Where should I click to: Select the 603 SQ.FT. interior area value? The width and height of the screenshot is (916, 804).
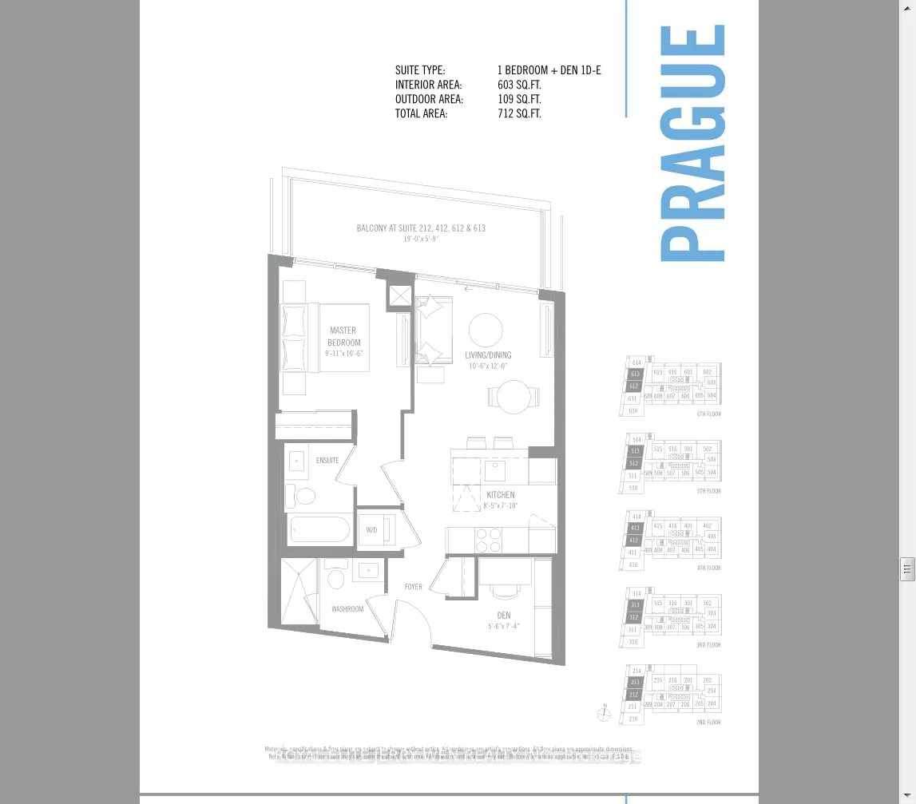519,85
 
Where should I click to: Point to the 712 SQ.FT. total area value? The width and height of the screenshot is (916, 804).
519,113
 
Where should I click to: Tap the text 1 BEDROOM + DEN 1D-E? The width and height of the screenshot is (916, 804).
549,70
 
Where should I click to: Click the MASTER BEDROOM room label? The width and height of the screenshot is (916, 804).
343,336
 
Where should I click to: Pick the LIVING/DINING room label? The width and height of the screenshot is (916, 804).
488,355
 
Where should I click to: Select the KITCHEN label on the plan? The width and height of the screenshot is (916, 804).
500,495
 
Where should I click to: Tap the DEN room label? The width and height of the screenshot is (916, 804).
504,616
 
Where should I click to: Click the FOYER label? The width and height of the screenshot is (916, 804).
413,587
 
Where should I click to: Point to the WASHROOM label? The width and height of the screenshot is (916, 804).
347,609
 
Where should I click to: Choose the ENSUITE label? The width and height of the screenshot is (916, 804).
327,461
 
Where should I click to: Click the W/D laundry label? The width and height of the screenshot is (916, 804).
371,530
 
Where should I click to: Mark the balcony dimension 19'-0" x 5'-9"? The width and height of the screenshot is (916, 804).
421,239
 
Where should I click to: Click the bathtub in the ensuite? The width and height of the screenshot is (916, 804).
319,529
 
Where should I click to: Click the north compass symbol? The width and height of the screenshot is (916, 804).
604,715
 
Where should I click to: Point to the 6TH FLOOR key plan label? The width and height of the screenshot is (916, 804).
708,414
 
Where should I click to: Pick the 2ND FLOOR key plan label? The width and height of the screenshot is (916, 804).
708,723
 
